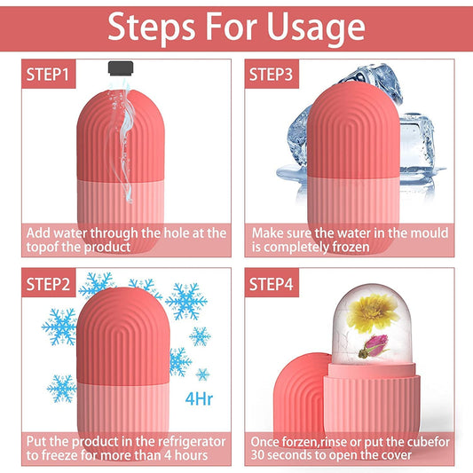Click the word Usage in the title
[311, 27]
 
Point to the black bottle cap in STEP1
[121, 68]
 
